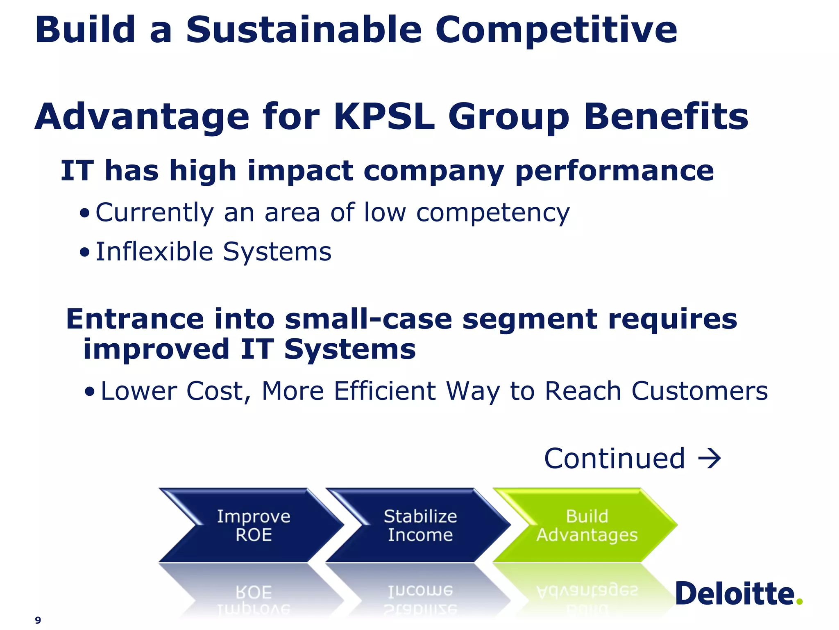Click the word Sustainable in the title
pyautogui.click(x=304, y=30)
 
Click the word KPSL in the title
pyautogui.click(x=384, y=117)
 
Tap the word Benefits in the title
pyautogui.click(x=666, y=117)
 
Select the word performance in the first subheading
pyautogui.click(x=614, y=171)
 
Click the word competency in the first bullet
pyautogui.click(x=493, y=213)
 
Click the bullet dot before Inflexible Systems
pyautogui.click(x=84, y=253)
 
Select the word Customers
pyautogui.click(x=699, y=391)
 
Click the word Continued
pyautogui.click(x=614, y=459)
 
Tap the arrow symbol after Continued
pyautogui.click(x=710, y=459)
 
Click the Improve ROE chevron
pyautogui.click(x=253, y=525)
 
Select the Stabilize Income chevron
pyautogui.click(x=420, y=525)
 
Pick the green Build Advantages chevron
pyautogui.click(x=587, y=525)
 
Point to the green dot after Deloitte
pyautogui.click(x=799, y=602)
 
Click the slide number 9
pyautogui.click(x=38, y=620)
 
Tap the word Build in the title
pyautogui.click(x=85, y=30)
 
